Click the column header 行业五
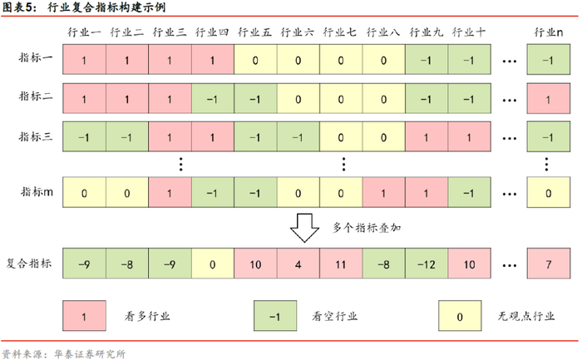tap(254, 32)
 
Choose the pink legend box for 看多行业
tap(84, 316)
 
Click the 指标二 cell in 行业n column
tap(545, 98)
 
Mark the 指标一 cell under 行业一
tap(84, 60)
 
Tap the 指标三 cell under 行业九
tap(427, 137)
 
